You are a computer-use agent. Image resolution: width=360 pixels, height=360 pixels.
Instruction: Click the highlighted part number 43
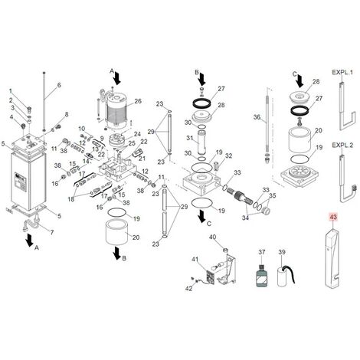[333, 217]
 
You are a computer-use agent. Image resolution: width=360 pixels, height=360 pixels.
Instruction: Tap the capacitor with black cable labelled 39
[286, 276]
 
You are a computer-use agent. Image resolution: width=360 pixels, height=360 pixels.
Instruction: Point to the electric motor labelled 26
[116, 110]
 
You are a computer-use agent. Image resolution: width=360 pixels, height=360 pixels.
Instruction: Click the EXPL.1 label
[342, 72]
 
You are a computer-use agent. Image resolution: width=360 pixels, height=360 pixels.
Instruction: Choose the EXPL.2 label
[342, 146]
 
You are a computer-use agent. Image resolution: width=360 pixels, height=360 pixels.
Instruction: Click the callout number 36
[257, 117]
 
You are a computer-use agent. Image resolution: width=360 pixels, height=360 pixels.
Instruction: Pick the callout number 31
[190, 138]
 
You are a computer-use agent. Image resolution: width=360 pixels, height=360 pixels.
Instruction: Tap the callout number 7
[52, 232]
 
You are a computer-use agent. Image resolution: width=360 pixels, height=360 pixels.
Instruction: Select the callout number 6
[59, 85]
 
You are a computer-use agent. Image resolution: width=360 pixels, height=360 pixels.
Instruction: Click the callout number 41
[195, 260]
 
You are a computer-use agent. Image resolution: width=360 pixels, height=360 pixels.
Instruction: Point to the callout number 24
[138, 134]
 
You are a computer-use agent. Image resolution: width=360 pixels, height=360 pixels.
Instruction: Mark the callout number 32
[229, 156]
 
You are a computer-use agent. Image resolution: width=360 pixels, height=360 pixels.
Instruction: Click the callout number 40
[213, 237]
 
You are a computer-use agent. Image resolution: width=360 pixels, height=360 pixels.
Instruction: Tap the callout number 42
[189, 289]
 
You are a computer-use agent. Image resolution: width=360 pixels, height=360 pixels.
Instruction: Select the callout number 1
[11, 91]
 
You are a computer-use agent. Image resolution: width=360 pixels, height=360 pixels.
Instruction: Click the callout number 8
[67, 114]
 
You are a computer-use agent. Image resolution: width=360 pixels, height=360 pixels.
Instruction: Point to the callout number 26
[138, 101]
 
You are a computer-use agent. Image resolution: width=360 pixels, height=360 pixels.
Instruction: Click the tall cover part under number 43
[332, 258]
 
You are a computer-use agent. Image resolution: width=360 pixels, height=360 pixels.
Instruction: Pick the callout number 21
[142, 159]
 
